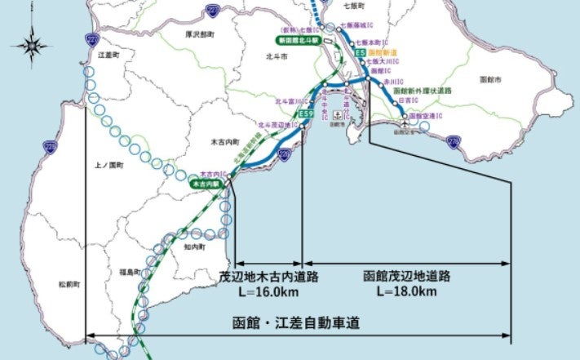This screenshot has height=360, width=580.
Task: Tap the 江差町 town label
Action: point(108,55)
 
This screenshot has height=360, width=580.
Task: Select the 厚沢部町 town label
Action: point(197,35)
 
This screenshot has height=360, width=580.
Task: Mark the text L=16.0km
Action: point(268,291)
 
